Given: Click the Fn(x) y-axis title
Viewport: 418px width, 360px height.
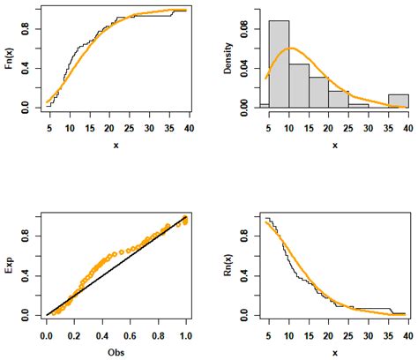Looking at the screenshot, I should tap(10, 58).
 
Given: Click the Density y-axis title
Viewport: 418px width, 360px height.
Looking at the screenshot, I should tap(228, 57).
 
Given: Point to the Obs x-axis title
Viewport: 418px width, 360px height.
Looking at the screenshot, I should tap(116, 351).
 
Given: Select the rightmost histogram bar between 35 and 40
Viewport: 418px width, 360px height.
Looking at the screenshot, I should tap(398, 101).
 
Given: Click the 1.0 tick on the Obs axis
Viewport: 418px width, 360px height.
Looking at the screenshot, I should tap(186, 336).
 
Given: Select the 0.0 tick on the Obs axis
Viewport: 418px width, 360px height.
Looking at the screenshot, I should tap(46, 336).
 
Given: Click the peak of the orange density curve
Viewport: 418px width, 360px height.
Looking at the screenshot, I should tap(293, 48).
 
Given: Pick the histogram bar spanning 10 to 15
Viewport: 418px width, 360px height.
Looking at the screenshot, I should tap(298, 86).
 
